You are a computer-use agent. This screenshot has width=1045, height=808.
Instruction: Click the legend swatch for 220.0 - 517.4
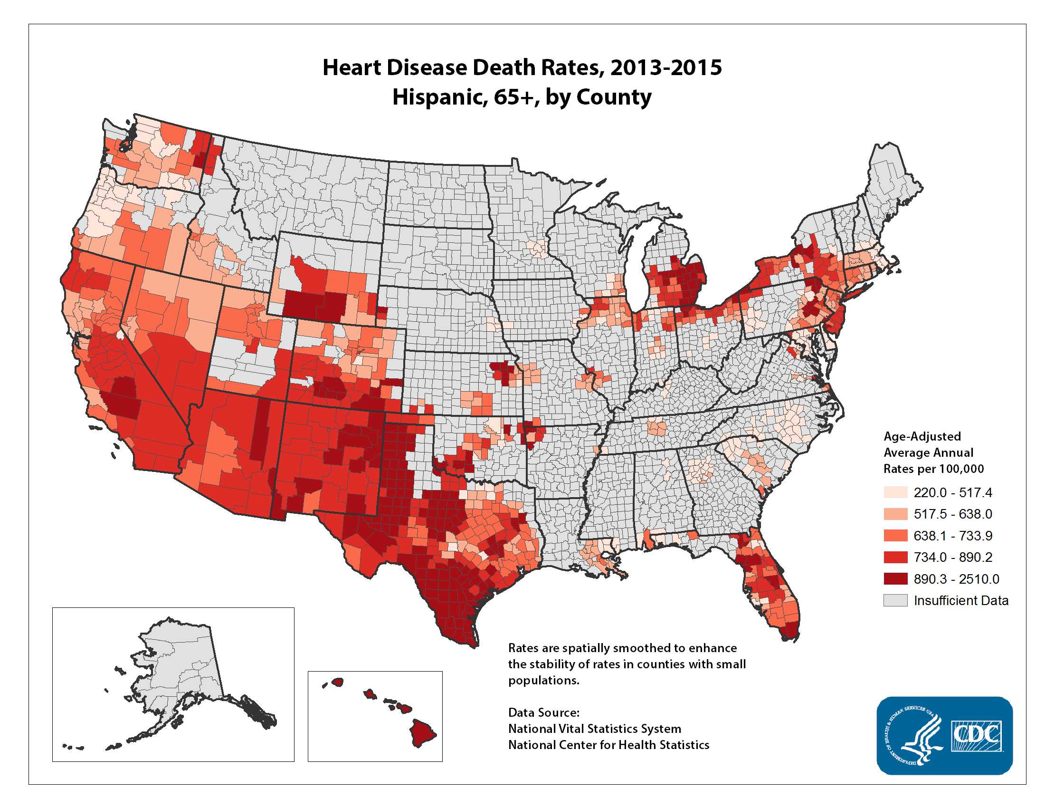pyautogui.click(x=895, y=492)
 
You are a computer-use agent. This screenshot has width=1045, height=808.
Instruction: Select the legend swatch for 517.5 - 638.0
pyautogui.click(x=895, y=514)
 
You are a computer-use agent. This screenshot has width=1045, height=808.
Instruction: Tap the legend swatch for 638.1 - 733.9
pyautogui.click(x=895, y=535)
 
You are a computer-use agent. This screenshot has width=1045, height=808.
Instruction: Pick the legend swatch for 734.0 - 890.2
pyautogui.click(x=895, y=557)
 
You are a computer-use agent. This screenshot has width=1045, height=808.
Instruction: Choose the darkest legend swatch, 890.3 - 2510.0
pyautogui.click(x=895, y=579)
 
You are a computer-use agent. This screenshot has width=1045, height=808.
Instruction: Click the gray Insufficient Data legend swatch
pyautogui.click(x=895, y=600)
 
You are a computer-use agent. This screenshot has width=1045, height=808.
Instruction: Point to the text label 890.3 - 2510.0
pyautogui.click(x=956, y=579)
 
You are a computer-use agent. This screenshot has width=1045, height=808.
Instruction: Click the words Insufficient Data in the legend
pyautogui.click(x=961, y=600)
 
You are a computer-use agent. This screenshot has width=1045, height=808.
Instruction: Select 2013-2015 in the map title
pyautogui.click(x=665, y=67)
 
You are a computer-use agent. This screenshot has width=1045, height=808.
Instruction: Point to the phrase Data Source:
pyautogui.click(x=543, y=712)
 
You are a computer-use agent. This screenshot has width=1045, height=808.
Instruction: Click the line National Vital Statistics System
pyautogui.click(x=594, y=729)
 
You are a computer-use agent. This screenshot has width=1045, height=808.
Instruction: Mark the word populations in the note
pyautogui.click(x=543, y=680)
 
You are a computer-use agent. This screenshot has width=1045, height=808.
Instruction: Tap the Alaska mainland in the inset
pyautogui.click(x=187, y=670)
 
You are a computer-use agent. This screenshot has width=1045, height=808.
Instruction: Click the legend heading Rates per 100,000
pyautogui.click(x=933, y=469)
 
